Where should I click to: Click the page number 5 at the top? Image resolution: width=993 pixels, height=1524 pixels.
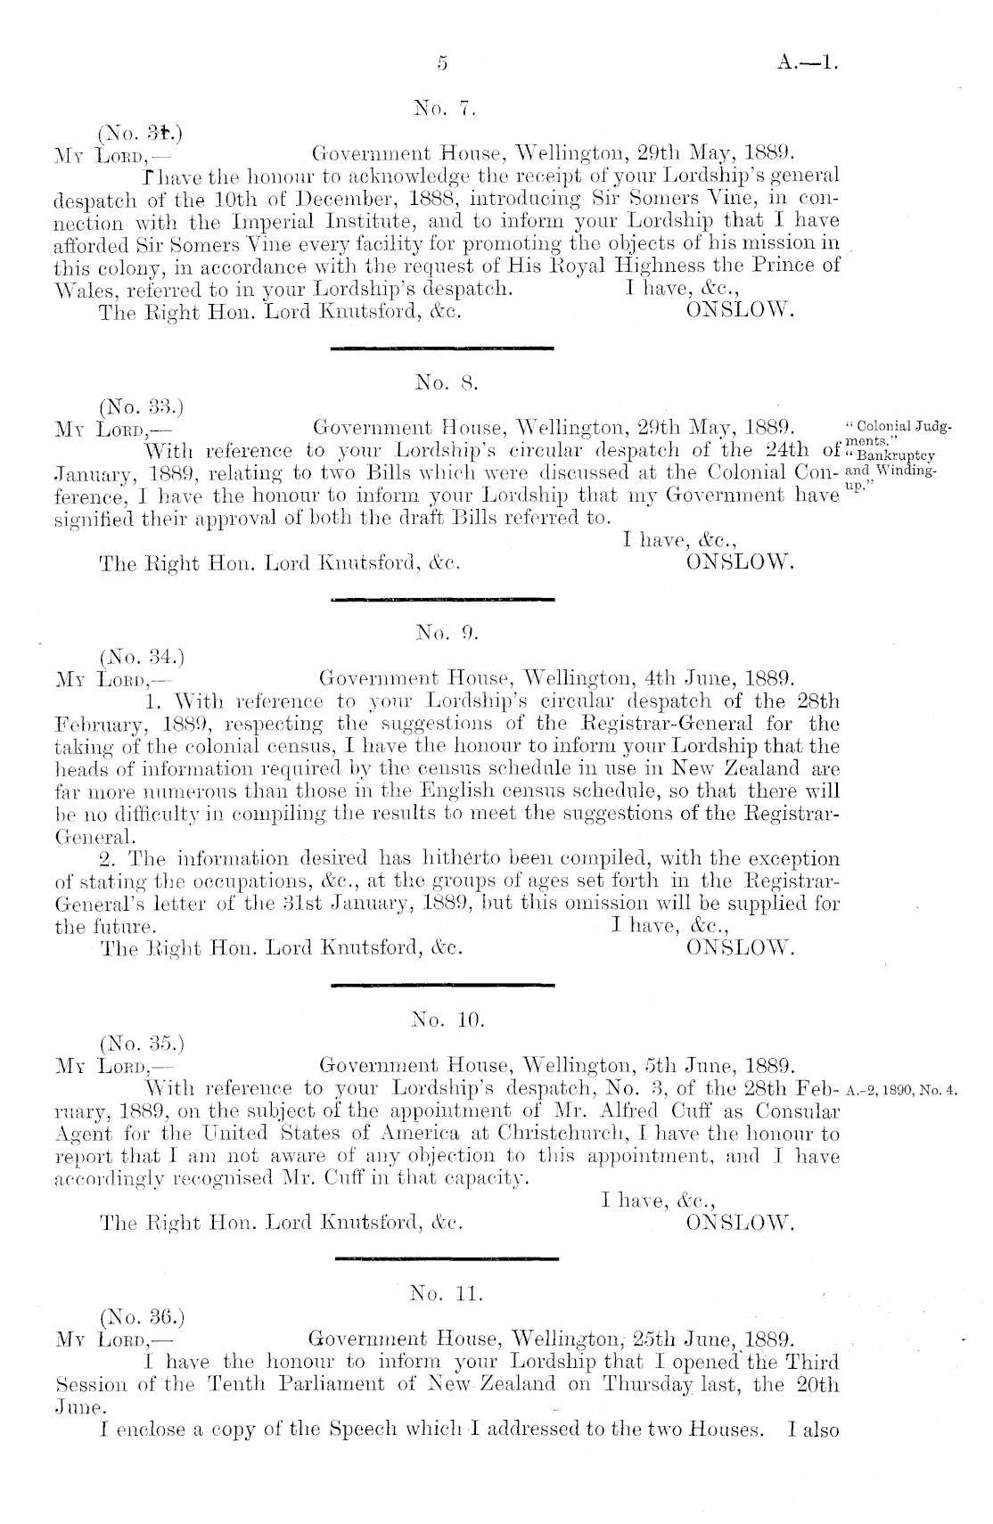[441, 63]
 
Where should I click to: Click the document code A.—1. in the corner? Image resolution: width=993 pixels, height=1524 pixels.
[808, 63]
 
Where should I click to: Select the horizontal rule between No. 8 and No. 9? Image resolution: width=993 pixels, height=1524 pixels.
[442, 600]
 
